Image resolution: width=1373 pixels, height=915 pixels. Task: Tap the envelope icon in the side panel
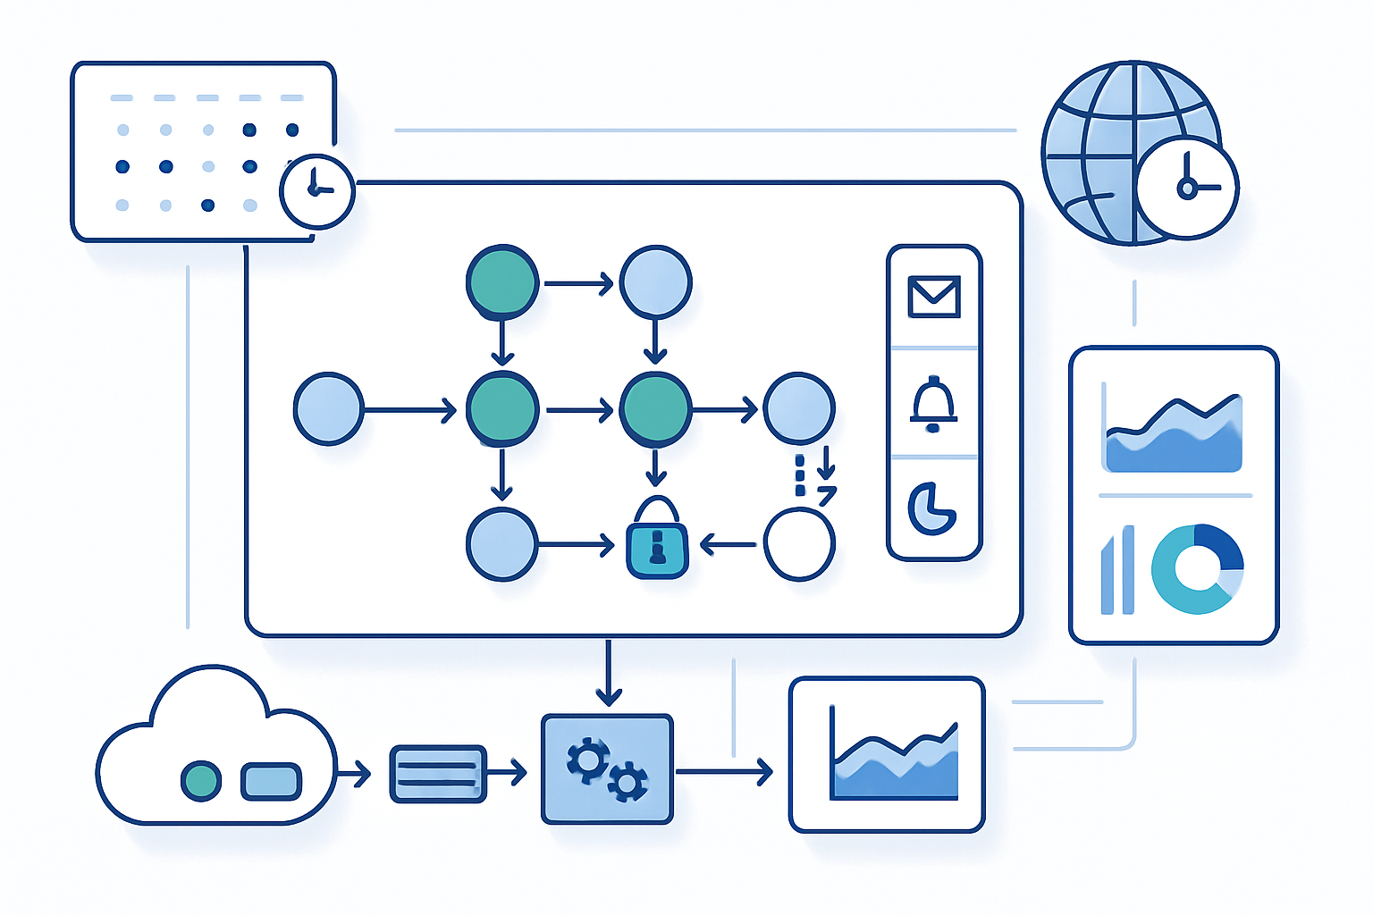click(934, 297)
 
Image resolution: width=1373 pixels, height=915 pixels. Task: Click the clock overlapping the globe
click(1186, 187)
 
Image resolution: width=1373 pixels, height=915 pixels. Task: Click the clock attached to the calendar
click(316, 191)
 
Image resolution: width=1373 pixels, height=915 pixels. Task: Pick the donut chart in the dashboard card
click(1197, 569)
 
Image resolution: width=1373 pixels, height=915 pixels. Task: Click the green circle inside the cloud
click(201, 781)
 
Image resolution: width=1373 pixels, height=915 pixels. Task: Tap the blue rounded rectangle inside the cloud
click(271, 781)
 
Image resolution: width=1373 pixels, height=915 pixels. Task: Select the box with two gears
click(607, 769)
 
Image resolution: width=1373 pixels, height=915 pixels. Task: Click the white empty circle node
click(799, 543)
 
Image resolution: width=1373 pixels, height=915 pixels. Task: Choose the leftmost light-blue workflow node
click(329, 409)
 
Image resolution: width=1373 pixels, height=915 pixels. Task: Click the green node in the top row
click(502, 282)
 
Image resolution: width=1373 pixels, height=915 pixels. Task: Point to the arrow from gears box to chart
click(723, 771)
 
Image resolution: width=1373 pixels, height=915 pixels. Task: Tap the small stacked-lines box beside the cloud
click(438, 774)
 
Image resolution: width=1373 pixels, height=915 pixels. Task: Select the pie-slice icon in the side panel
click(931, 508)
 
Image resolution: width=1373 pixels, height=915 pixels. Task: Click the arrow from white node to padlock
click(729, 543)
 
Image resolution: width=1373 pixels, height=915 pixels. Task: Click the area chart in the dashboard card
click(1173, 434)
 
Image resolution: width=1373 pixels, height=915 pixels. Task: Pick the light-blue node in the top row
click(656, 282)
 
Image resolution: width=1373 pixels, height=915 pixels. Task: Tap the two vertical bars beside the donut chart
click(1117, 570)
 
